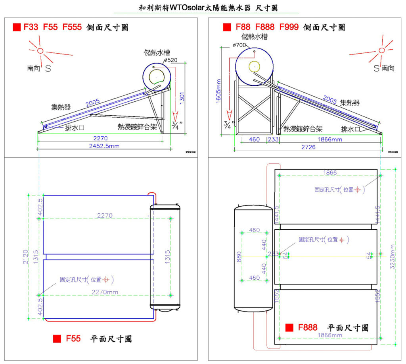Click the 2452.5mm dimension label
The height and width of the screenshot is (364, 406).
click(101, 146)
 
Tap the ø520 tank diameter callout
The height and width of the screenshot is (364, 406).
click(170, 60)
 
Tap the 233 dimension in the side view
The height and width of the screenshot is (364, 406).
click(273, 139)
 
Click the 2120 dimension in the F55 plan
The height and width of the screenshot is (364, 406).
click(25, 257)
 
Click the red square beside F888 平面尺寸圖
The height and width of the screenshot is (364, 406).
click(289, 327)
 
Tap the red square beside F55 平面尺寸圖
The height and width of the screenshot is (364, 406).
click(57, 339)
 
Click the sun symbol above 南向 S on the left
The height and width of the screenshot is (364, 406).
click(40, 50)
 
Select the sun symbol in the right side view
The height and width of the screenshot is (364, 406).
click(381, 50)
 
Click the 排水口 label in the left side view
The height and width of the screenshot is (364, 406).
click(74, 128)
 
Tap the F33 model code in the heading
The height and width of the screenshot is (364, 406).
click(31, 27)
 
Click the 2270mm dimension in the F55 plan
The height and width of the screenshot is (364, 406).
click(105, 292)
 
